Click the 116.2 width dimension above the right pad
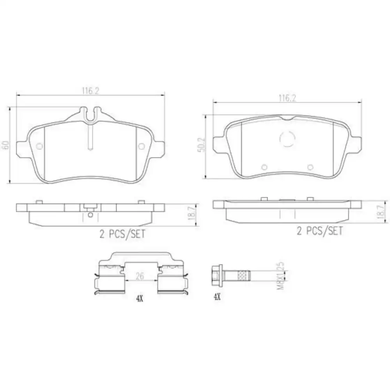pos(287,99)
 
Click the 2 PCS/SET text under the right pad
pos(319,231)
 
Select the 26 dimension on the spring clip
pos(140,276)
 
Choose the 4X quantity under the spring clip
pos(139,299)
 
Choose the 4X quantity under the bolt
pos(217,297)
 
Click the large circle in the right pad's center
pos(288,138)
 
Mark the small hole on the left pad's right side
pos(142,146)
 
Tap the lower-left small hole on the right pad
pos(264,167)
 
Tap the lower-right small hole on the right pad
pos(310,167)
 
